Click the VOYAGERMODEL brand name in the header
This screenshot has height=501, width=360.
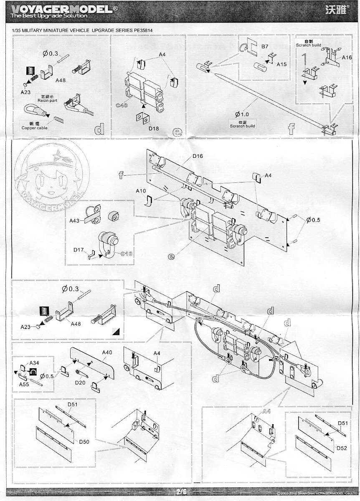61,9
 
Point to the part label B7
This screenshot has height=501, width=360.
265,46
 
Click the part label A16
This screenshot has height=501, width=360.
347,58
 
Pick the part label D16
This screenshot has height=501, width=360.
198,156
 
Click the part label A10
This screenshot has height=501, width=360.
141,191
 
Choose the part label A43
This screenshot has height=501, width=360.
75,220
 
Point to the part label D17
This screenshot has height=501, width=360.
79,250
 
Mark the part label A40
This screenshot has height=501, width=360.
107,353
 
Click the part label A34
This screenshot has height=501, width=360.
34,363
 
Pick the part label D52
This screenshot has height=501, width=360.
342,448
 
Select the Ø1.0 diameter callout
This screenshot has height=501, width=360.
242,114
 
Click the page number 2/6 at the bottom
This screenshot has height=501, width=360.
181,492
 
